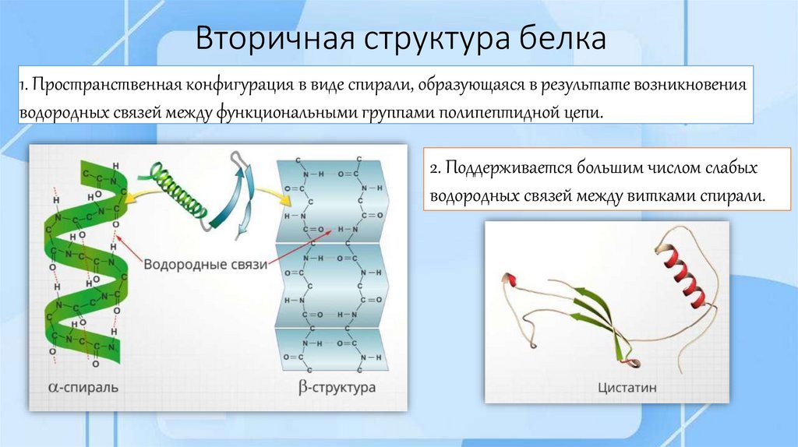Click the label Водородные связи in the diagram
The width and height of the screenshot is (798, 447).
tap(205, 265)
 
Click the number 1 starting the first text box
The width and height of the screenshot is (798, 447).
tap(24, 83)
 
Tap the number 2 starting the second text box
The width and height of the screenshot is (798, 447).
tap(434, 168)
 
